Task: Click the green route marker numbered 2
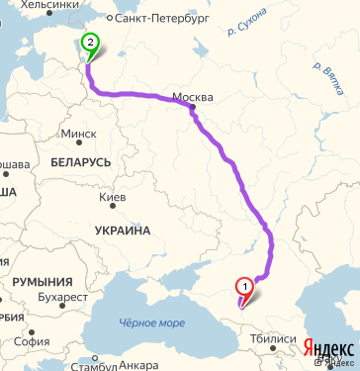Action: [91, 43]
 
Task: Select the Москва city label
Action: [193, 97]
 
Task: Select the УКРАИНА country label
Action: [122, 231]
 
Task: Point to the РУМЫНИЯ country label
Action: [44, 282]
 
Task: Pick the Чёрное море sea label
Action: [151, 323]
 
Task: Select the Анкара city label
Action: [137, 365]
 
